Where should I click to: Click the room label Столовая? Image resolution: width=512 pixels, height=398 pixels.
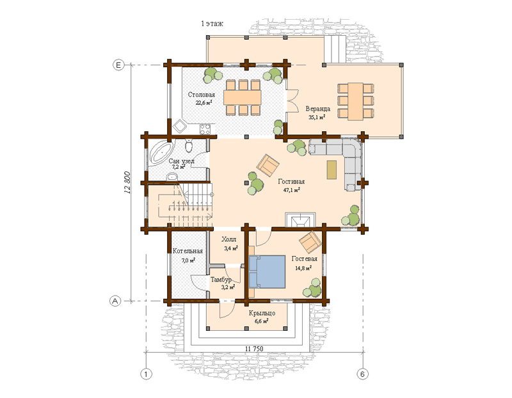tap(201, 95)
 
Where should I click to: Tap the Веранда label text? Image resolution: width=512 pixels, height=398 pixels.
tap(317, 109)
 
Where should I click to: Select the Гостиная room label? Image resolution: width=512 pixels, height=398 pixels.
tap(291, 182)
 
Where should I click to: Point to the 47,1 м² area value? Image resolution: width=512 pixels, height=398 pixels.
tap(291, 189)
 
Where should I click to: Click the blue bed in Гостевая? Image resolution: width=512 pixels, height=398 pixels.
tap(267, 272)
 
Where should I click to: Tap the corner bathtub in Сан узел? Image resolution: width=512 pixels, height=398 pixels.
tap(160, 154)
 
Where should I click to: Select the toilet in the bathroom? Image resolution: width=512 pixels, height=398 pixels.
tap(189, 147)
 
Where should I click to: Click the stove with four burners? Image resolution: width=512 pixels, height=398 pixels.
tap(205, 129)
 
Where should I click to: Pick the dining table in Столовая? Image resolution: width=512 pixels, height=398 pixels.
tap(243, 97)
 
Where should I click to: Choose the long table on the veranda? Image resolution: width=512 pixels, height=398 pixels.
tap(355, 102)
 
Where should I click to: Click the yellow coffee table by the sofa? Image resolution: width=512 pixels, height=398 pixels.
tap(332, 170)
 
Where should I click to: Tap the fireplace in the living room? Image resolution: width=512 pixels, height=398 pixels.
tap(300, 219)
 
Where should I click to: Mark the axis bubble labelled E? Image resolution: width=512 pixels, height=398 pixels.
tap(118, 65)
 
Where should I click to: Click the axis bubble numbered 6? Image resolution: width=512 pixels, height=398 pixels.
tap(362, 374)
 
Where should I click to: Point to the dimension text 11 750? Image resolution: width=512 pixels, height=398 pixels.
tap(253, 349)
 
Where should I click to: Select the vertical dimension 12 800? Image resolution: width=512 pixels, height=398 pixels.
tap(127, 183)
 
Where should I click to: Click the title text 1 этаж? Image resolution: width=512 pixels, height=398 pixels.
tap(212, 24)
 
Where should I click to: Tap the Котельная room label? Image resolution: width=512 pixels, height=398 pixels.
tap(188, 251)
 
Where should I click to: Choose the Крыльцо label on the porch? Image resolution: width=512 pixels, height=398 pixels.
tap(262, 313)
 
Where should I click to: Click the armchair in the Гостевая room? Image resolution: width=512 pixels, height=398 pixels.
tap(310, 242)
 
